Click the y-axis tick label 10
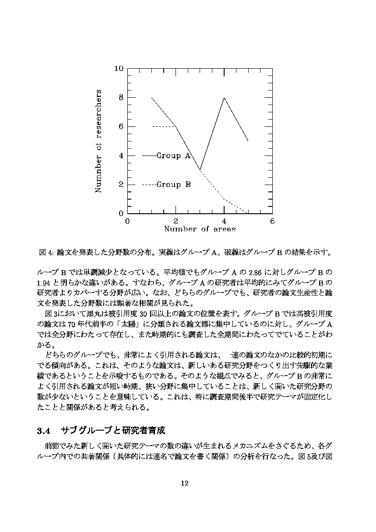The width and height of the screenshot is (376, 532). pos(119,69)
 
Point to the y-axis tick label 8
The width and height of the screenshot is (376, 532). pos(121,98)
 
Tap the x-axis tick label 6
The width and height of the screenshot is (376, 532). pos(272,221)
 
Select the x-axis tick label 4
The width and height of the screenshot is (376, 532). pos(224,221)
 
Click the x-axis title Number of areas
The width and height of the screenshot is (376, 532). pos(200,229)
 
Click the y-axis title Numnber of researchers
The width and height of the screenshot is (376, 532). pos(98,141)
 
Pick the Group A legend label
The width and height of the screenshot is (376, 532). pos(174,156)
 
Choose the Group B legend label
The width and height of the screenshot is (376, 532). pos(174,185)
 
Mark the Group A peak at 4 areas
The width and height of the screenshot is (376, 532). pos(224,98)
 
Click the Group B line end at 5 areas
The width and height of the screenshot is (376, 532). pos(248,213)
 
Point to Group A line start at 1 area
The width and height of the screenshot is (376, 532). pos(152,98)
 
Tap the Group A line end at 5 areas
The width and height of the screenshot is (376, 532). pos(248,141)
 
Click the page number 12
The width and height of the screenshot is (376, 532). pos(185,483)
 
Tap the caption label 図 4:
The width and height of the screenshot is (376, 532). pos(47,252)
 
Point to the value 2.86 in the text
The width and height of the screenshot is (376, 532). pos(264,272)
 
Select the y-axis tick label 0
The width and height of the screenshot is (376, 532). pos(121,214)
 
